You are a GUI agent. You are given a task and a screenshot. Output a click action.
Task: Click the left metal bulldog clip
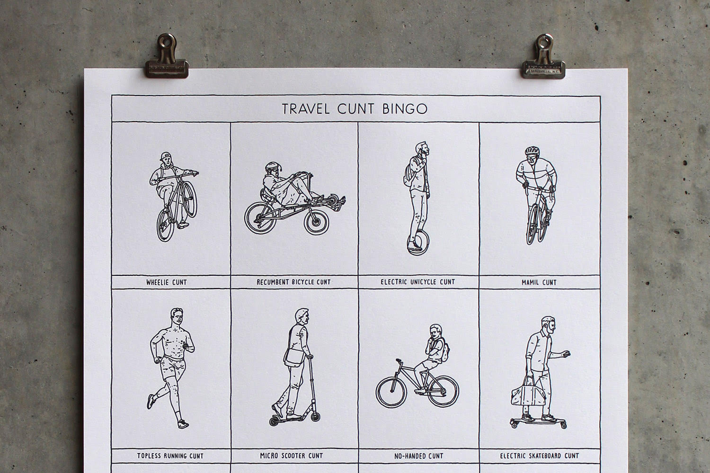click(x=167, y=57)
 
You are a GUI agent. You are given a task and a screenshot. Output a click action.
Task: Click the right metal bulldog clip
click(x=543, y=57)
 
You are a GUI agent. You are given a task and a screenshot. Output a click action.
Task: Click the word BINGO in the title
click(x=405, y=109)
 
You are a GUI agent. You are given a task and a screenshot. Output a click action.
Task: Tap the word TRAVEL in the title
click(x=306, y=109)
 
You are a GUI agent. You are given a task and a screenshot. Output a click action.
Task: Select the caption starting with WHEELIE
click(x=167, y=282)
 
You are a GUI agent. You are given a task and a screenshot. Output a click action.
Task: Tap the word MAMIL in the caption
click(x=530, y=282)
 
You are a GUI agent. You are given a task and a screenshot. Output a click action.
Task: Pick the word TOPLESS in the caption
click(x=149, y=456)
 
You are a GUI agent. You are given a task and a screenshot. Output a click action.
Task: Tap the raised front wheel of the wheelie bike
click(x=190, y=199)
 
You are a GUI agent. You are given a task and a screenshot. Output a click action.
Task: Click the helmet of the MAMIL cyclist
click(x=532, y=151)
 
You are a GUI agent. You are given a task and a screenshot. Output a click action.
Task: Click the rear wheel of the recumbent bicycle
click(x=260, y=217)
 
